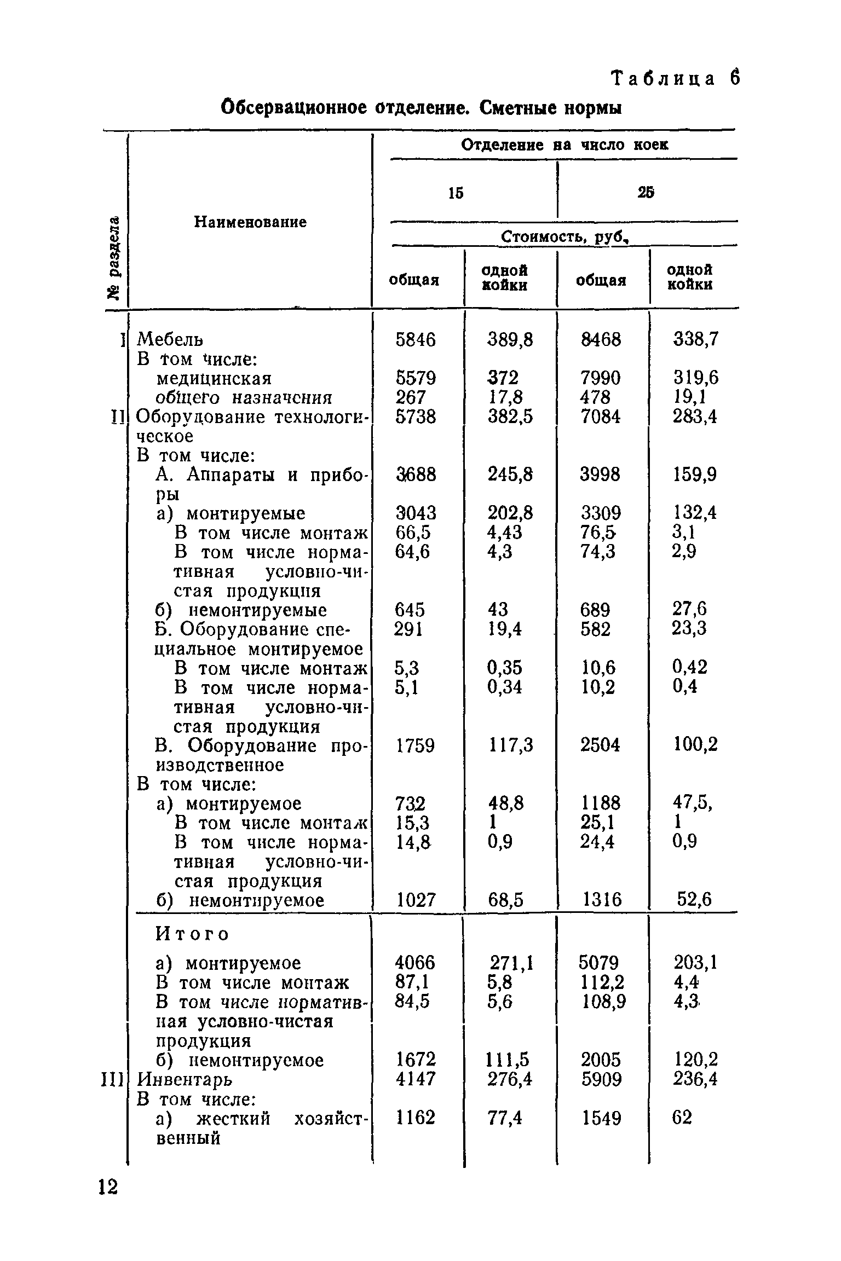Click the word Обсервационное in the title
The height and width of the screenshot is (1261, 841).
[293, 107]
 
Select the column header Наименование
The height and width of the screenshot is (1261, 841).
[251, 222]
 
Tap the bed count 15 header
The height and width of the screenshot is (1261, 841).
[456, 193]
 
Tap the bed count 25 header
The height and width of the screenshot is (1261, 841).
[646, 193]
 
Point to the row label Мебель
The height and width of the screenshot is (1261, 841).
[170, 340]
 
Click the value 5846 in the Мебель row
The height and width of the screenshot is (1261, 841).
[416, 340]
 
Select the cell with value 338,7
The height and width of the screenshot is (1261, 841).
[695, 340]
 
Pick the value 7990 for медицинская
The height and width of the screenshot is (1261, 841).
[601, 378]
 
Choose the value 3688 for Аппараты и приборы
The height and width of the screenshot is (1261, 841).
[416, 474]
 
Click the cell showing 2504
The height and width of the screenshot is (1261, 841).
[601, 745]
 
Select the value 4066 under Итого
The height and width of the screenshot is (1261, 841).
[416, 963]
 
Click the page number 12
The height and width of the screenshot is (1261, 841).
[108, 1188]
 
